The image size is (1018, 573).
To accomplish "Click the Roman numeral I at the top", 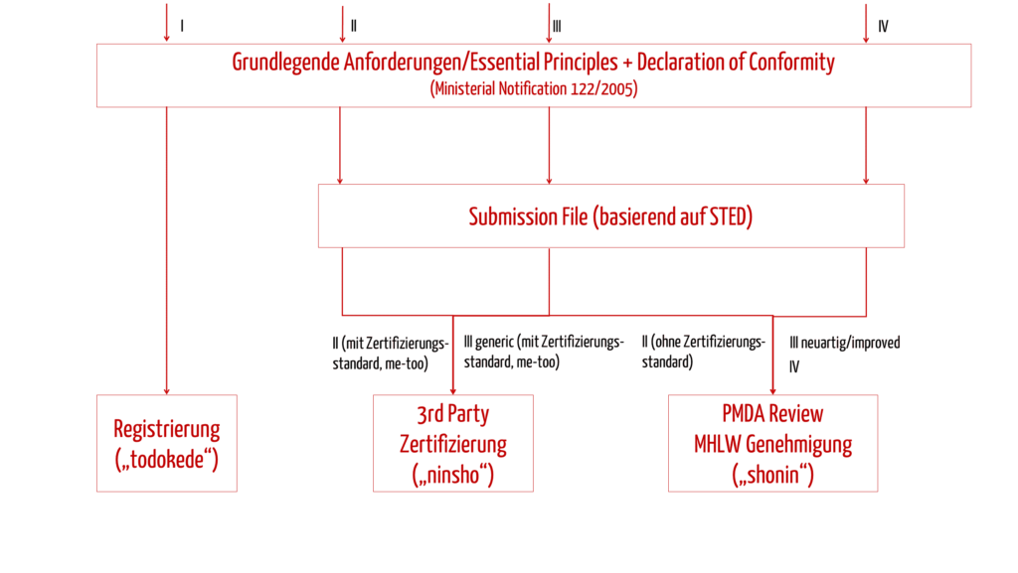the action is tap(182, 26).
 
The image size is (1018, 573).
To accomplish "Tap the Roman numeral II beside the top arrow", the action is tap(354, 26).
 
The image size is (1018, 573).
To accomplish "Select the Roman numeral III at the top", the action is tap(557, 27).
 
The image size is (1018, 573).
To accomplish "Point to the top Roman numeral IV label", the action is tap(883, 27).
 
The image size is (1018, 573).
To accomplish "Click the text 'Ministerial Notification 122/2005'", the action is tap(534, 88).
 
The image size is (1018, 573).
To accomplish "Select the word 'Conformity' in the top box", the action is tap(791, 63).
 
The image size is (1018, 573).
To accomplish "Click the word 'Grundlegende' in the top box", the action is tap(286, 63).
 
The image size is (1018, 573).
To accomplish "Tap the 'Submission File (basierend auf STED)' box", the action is tap(611, 215).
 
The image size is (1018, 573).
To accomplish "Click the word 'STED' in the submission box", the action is tap(728, 216).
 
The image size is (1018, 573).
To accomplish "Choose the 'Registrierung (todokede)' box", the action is tap(167, 443).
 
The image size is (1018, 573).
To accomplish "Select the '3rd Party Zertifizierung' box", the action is tap(453, 443).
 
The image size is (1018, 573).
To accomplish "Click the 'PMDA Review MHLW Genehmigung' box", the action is tap(772, 443).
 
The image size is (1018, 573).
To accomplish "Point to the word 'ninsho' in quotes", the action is tap(453, 475).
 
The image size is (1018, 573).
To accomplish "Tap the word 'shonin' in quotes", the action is tap(772, 475).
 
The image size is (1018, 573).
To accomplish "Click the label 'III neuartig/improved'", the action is tap(845, 343).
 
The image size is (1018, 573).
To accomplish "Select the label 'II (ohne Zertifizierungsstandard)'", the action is tap(704, 352).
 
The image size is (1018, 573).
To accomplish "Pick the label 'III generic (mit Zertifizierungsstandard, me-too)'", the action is tap(544, 352).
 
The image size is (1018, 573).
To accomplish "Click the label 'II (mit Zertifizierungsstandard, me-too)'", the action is tap(390, 354).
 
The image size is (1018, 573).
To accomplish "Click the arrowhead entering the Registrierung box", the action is tap(167, 391).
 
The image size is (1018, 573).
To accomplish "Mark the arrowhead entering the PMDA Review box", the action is tap(772, 391).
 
